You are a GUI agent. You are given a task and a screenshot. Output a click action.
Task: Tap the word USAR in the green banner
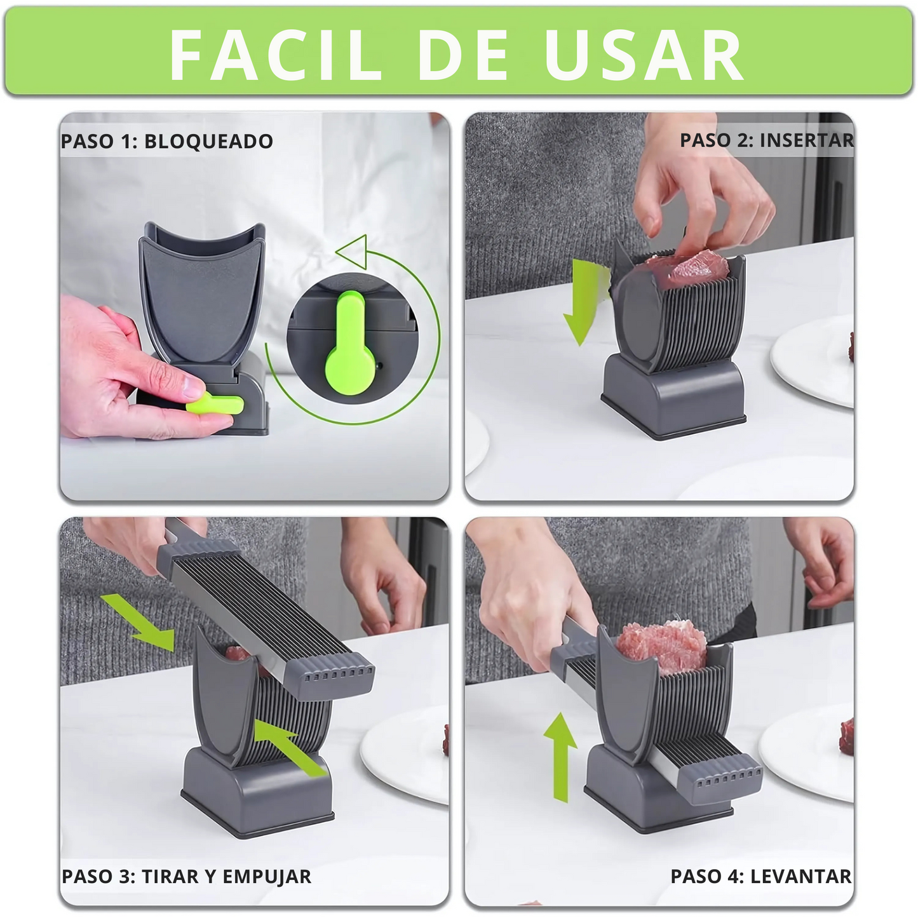click(645, 55)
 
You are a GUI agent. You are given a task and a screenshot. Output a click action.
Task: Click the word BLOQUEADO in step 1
click(208, 141)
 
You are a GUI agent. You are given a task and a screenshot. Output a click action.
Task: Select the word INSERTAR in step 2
click(807, 140)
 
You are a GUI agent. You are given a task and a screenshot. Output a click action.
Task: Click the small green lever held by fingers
click(215, 403)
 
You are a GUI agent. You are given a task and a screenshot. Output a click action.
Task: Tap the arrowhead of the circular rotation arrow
click(352, 252)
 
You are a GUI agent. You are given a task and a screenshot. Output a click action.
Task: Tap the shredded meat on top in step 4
click(663, 644)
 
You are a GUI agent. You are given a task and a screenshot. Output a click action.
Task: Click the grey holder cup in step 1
click(202, 289)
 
